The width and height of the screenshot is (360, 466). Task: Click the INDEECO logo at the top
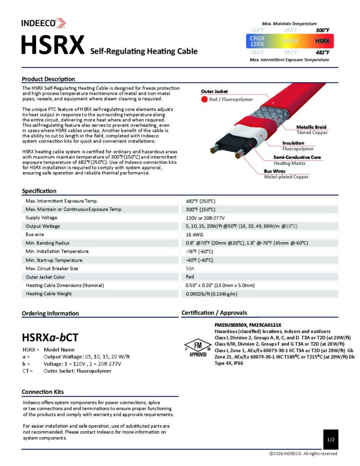coord(44,23)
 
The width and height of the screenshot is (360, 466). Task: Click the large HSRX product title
coord(53,46)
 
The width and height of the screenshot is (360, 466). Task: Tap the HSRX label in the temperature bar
coord(322,41)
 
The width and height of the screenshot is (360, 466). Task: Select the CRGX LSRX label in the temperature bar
coord(258,41)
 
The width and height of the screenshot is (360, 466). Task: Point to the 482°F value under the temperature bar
coord(322,53)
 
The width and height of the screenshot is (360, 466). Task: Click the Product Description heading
coord(48,79)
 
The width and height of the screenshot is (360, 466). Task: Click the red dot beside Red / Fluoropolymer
coord(204,99)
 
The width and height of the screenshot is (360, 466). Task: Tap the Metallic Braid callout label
coord(311,127)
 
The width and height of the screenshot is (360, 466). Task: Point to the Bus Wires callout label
coord(275,171)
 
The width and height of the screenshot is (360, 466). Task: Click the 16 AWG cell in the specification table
coord(195,234)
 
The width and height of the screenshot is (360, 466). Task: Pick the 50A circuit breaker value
coord(190,268)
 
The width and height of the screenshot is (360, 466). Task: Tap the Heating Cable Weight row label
coord(49,294)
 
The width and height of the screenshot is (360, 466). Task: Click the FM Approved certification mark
coord(198,348)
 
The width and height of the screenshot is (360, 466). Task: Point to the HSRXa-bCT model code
coord(50,337)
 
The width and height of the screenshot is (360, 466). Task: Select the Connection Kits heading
coord(43,392)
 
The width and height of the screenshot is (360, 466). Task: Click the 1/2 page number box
coord(331,440)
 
